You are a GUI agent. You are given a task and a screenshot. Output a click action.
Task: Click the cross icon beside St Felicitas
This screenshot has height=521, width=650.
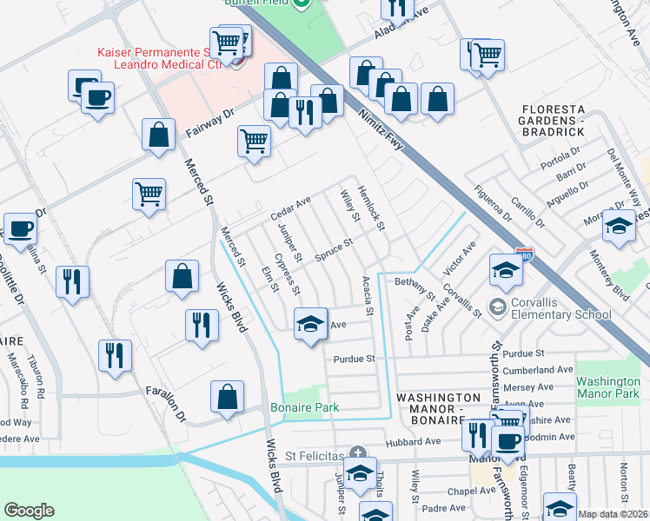pyautogui.click(x=357, y=452)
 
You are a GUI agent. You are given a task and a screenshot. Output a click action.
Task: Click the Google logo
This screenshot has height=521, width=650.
pyautogui.click(x=29, y=511)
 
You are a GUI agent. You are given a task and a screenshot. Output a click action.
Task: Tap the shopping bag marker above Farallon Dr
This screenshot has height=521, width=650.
pyautogui.click(x=227, y=398)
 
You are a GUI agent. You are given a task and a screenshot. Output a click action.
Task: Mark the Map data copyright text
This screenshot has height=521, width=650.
pyautogui.click(x=614, y=514)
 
